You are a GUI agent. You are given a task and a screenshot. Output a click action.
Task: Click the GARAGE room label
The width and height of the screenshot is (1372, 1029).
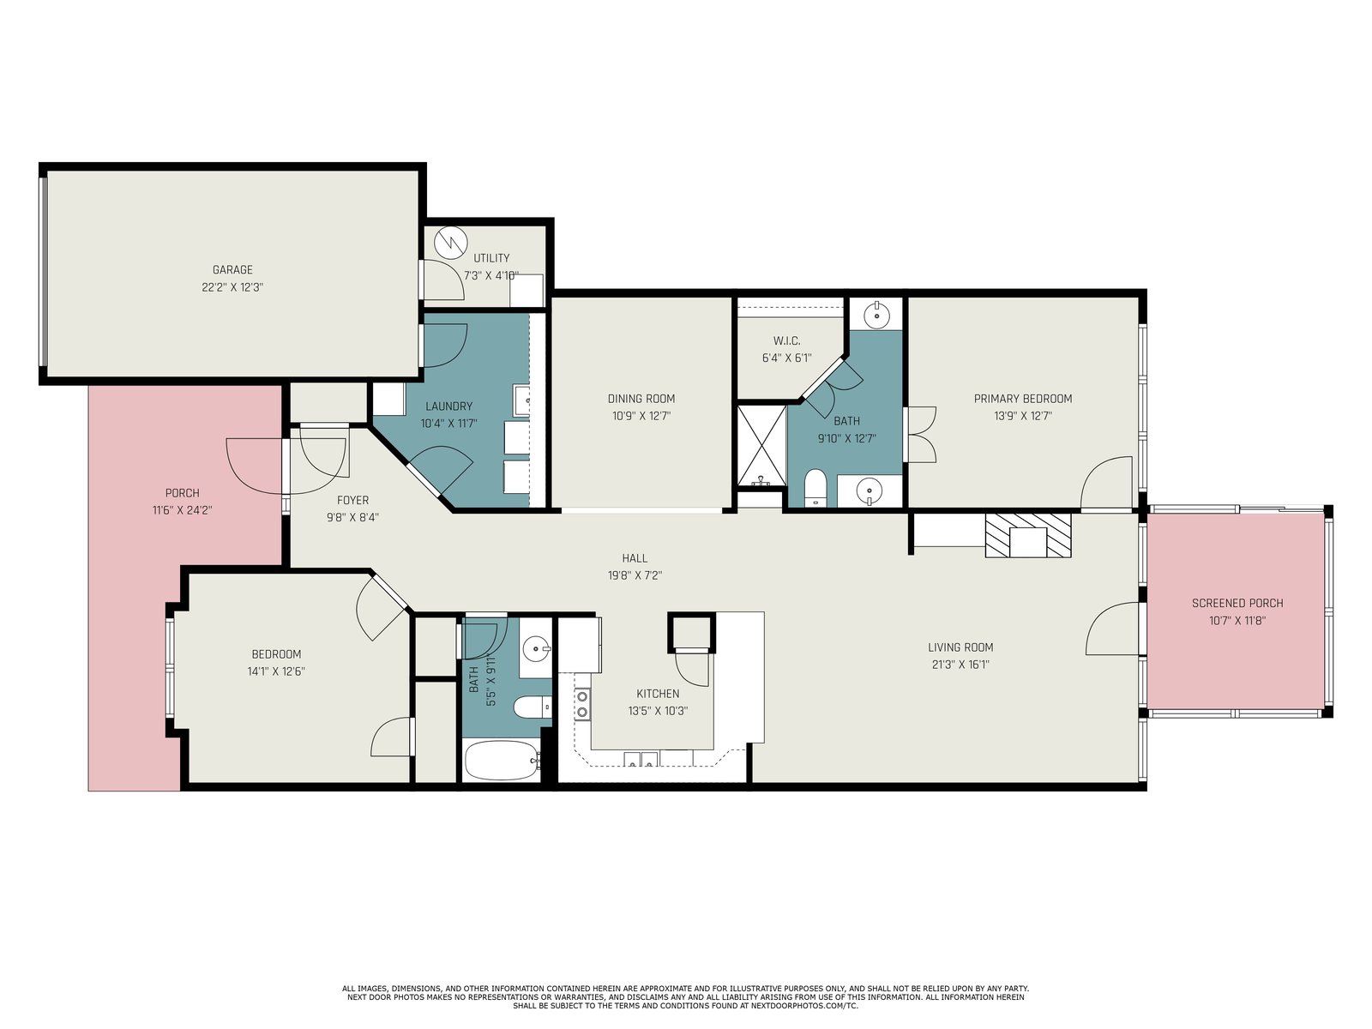[232, 270]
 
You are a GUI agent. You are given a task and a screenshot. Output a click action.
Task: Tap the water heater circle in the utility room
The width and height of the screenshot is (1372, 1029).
[451, 242]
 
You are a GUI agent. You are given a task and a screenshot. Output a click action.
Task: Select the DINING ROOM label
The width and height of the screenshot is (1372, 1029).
[641, 399]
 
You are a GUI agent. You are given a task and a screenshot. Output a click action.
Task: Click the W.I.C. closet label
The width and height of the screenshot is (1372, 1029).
[786, 341]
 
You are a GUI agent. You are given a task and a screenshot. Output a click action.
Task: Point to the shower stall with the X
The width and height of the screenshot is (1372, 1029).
[761, 445]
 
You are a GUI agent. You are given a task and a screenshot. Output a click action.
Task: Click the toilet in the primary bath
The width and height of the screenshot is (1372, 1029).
[815, 487]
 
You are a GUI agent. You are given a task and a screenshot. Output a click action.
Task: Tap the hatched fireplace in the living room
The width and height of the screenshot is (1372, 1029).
[1028, 535]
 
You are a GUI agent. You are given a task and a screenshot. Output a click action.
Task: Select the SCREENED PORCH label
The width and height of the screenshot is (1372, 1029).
[1237, 604]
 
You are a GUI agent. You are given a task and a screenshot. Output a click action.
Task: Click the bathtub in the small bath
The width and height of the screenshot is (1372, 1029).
[502, 761]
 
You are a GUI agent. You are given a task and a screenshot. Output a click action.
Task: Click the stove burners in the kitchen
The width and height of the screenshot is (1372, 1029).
[582, 704]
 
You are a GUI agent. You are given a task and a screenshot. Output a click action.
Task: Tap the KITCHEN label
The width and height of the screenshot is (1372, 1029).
[658, 694]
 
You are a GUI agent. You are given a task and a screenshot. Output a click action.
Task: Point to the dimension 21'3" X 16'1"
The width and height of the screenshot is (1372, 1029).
[960, 665]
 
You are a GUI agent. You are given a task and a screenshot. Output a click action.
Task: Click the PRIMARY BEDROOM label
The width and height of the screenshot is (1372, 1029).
[1023, 399]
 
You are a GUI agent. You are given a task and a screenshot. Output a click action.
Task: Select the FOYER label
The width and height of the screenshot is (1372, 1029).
[352, 501]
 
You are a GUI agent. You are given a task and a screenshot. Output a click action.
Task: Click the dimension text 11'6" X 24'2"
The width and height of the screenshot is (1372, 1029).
[183, 510]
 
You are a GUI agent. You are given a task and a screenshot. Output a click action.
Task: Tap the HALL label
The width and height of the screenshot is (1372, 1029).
[635, 558]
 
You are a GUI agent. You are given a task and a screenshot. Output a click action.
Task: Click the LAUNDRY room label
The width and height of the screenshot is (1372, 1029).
[448, 406]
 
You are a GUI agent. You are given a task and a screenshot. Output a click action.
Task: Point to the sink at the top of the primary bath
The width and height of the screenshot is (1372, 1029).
[877, 315]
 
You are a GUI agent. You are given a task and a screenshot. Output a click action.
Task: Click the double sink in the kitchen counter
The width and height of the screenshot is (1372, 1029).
[641, 759]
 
